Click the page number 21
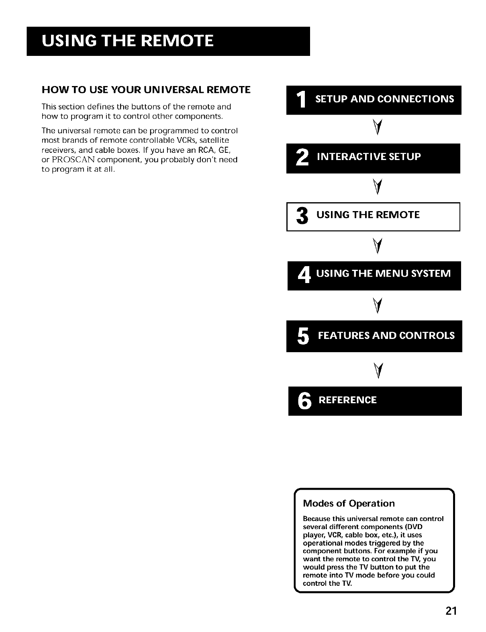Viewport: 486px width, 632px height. tap(451, 611)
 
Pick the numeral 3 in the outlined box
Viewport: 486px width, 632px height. tap(302, 216)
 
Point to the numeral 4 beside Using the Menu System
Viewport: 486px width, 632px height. tap(303, 275)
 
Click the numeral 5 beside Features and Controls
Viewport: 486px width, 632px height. tap(303, 337)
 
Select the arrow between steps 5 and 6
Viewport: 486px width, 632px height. tap(377, 369)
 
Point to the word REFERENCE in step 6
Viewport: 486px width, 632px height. tap(347, 400)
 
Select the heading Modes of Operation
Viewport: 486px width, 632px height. tap(349, 503)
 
